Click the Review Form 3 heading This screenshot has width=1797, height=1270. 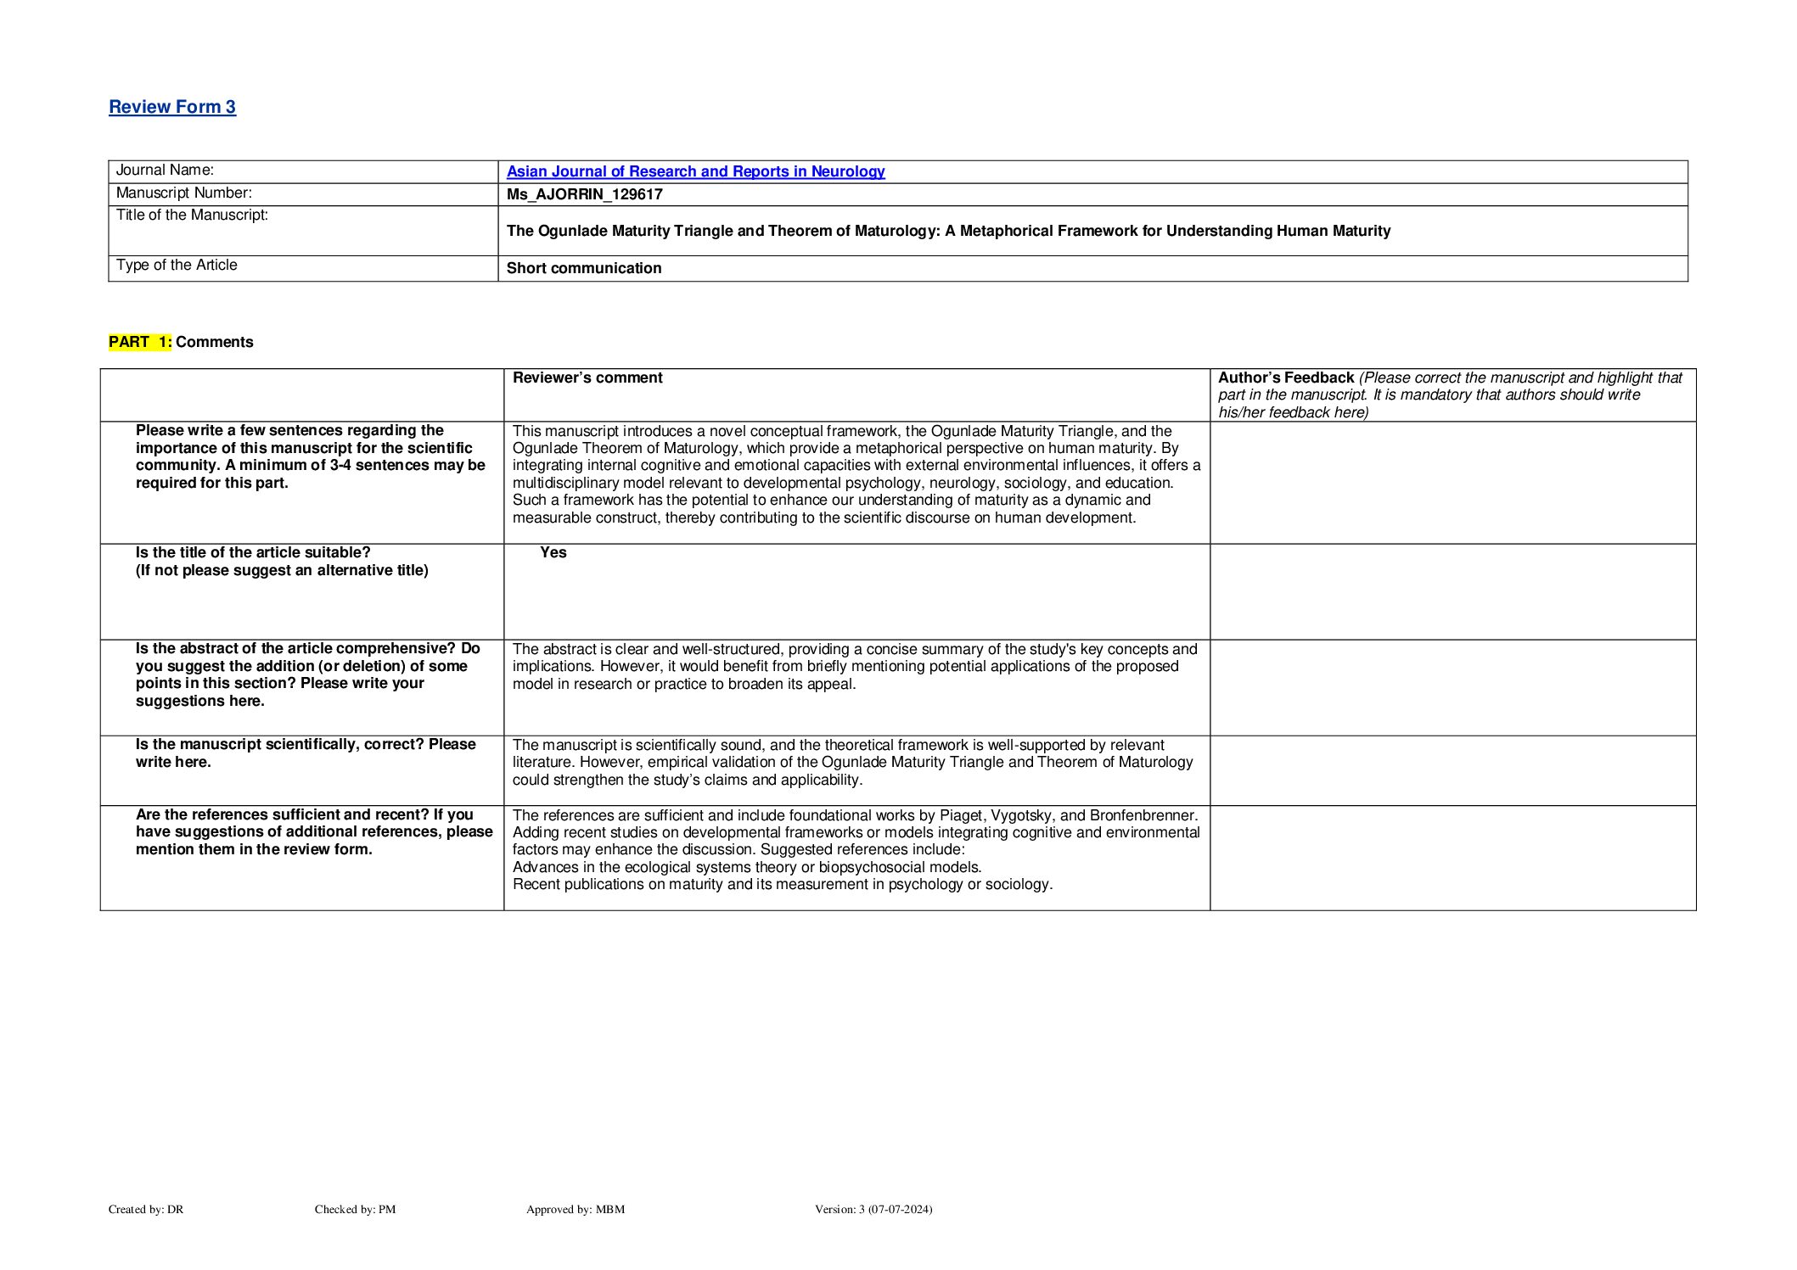point(172,107)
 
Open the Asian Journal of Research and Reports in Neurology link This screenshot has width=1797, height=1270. point(695,171)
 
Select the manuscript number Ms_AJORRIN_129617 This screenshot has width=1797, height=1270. point(584,194)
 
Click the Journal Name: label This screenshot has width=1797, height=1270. point(165,171)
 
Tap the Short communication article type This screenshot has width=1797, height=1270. point(584,268)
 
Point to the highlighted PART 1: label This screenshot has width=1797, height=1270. point(140,342)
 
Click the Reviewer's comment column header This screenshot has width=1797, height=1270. point(587,378)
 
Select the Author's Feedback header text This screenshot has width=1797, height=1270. point(1285,378)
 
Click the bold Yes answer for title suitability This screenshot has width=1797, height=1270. point(553,552)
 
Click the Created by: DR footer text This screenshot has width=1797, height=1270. point(146,1209)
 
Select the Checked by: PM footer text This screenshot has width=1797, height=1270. point(355,1209)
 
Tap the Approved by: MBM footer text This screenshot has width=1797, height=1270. point(576,1209)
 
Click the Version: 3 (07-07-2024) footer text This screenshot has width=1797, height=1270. point(873,1209)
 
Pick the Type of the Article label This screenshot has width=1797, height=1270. point(177,266)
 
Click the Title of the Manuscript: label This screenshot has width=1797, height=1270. point(192,215)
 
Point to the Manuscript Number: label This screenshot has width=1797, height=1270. point(183,193)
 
